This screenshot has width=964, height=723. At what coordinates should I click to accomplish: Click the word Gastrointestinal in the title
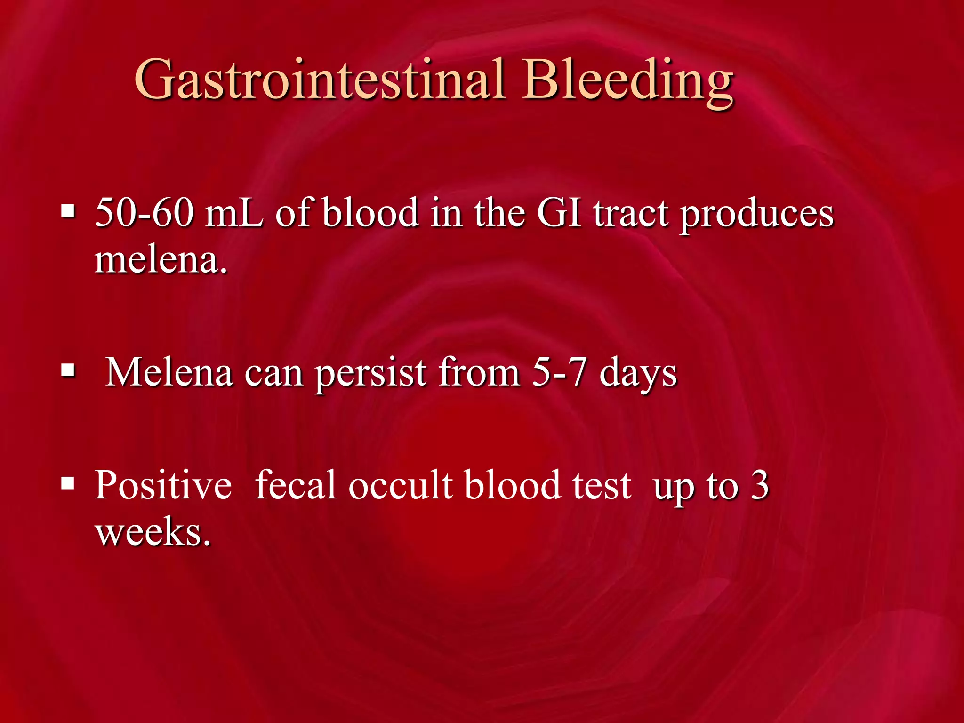click(320, 80)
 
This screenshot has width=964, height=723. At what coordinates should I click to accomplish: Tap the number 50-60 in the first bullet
click(144, 213)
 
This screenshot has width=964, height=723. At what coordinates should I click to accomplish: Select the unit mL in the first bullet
click(234, 213)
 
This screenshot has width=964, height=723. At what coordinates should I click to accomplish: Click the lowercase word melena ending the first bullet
click(160, 260)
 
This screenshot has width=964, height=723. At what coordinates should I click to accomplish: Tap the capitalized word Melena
click(169, 372)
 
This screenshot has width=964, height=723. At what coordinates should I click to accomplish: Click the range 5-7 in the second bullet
click(560, 372)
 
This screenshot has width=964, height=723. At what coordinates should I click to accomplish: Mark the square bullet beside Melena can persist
click(68, 370)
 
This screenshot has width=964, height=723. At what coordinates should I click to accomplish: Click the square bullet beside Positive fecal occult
click(68, 483)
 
